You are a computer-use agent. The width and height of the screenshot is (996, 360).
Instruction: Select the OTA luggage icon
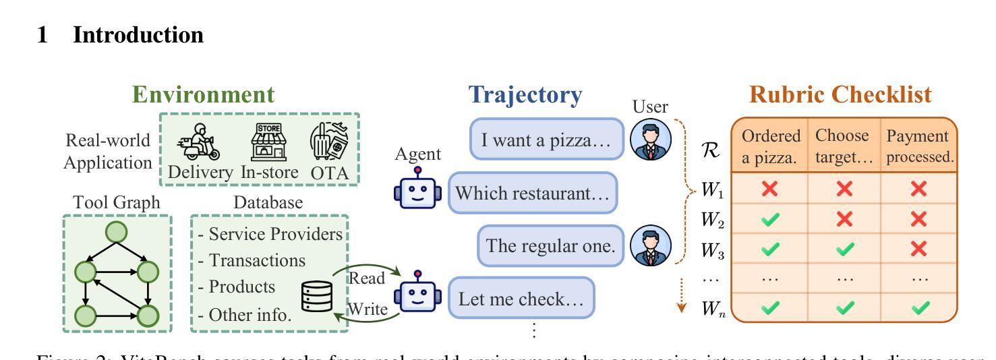point(330,142)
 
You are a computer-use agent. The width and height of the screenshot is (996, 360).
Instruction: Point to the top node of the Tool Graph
point(117,232)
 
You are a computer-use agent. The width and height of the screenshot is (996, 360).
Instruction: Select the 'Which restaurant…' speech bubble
point(533,193)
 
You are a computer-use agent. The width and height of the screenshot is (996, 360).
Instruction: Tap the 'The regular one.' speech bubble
point(551,246)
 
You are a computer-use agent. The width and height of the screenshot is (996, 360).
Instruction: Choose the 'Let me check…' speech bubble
point(521,299)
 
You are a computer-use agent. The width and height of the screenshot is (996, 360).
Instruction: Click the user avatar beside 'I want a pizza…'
point(650,140)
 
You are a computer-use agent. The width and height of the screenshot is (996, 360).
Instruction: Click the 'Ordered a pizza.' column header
point(771,146)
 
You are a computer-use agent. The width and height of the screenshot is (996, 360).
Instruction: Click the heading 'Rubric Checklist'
point(841,95)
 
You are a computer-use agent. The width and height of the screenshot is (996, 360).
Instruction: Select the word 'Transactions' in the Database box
point(257,260)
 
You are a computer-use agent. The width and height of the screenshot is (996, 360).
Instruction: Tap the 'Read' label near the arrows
point(366,278)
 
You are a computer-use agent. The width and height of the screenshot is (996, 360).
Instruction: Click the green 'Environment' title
point(204,95)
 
